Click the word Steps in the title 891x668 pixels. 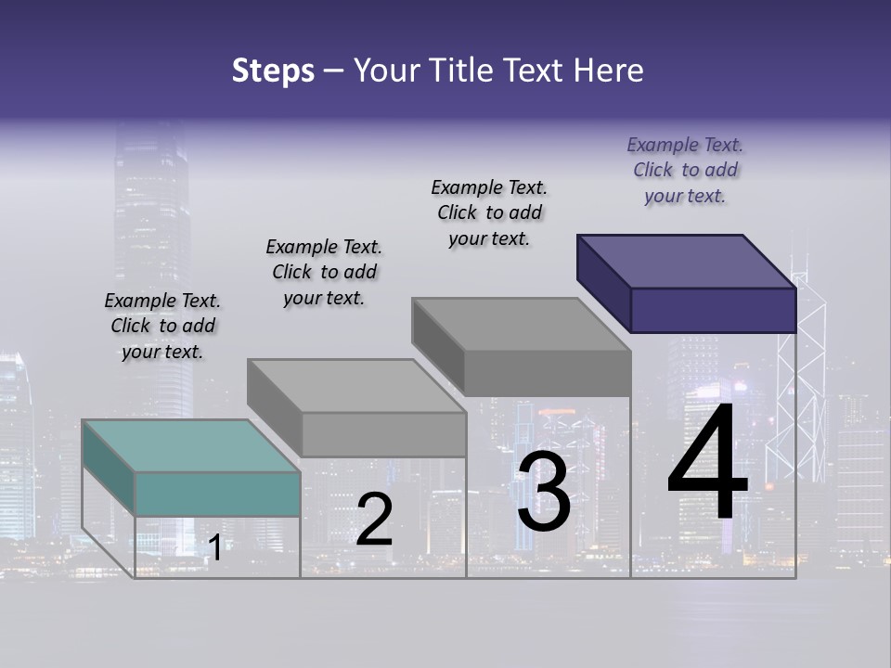tap(272, 71)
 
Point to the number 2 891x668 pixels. tap(374, 520)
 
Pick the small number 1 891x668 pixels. tap(214, 547)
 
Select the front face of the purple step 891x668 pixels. tap(713, 310)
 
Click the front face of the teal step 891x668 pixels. tap(217, 494)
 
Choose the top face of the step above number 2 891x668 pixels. tap(356, 385)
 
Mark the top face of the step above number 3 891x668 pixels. tap(521, 324)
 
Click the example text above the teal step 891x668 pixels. tap(162, 326)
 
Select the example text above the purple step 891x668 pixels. tap(685, 170)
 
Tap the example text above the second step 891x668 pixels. tap(324, 272)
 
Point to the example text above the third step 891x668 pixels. tap(489, 212)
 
